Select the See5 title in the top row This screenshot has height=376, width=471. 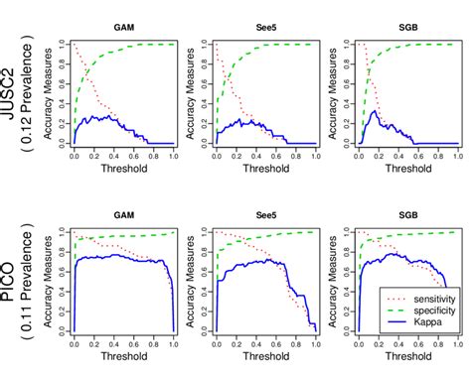266,30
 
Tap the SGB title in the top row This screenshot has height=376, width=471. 408,30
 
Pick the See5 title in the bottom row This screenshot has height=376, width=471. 266,215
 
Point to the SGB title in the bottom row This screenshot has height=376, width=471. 408,215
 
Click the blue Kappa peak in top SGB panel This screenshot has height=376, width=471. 375,111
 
